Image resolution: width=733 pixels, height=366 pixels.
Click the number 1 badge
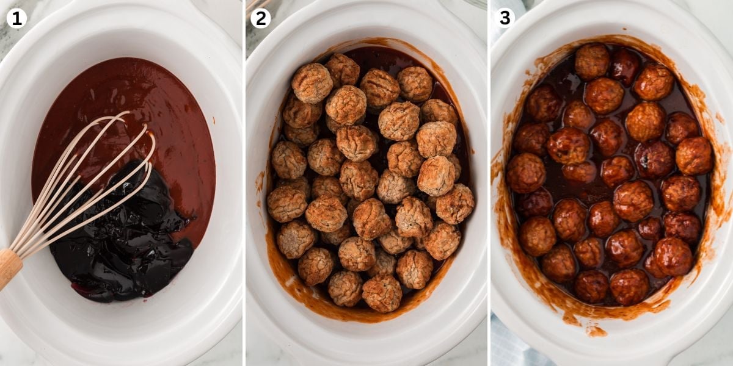[16, 18]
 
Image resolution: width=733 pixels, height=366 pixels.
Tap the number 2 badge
[261, 18]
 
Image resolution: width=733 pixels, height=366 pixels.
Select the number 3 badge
[505, 18]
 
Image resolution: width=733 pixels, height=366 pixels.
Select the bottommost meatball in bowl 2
[382, 293]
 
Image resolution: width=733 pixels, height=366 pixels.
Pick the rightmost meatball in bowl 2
[455, 204]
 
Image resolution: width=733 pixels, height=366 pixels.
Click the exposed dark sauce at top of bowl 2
[379, 59]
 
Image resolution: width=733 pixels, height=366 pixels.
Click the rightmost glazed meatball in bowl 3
[694, 156]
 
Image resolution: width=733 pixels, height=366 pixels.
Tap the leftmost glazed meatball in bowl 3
[525, 173]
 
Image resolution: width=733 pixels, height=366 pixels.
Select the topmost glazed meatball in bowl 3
[592, 61]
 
